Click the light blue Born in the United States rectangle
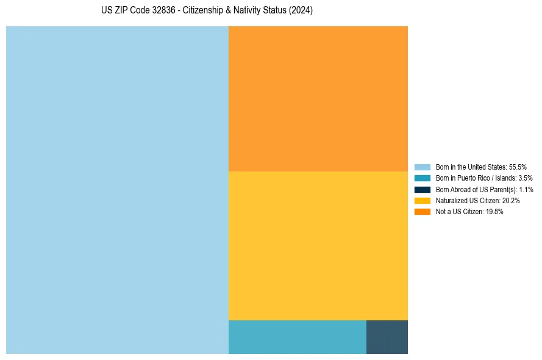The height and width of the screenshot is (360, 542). point(117,190)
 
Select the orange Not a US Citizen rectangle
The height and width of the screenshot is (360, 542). point(318,99)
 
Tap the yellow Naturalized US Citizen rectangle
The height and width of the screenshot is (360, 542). point(318,245)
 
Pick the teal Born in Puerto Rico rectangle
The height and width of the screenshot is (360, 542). point(297,337)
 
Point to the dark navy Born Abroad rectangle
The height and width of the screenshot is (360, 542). point(387,337)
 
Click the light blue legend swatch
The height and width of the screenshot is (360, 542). point(422,167)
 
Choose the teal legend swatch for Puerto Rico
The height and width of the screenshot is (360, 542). point(422,178)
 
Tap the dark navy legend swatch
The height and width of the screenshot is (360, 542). point(422,189)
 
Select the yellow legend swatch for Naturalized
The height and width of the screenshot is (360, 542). point(422,200)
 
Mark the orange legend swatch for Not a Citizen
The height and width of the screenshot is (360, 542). point(422,212)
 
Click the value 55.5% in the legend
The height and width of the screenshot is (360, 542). point(518,167)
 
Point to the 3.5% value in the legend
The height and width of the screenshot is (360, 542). point(525,178)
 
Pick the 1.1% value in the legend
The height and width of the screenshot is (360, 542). point(526,189)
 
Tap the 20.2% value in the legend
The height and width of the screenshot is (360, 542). point(510,200)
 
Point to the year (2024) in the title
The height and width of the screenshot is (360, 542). point(301,11)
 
